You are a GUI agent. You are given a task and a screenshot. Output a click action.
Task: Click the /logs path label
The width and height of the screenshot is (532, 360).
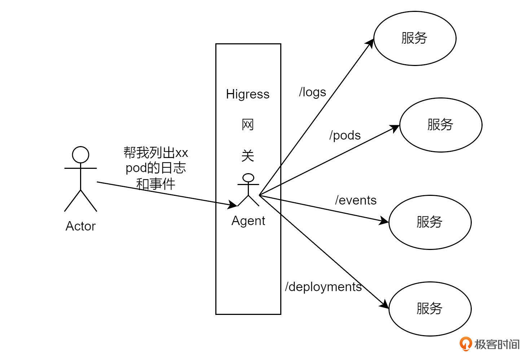(312, 92)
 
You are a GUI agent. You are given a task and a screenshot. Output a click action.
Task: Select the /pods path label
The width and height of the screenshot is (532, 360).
(345, 135)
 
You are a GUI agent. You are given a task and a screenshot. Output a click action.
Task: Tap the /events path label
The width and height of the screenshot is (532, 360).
(356, 200)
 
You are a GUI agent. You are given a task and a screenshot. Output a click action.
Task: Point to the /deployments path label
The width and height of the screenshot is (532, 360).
(323, 287)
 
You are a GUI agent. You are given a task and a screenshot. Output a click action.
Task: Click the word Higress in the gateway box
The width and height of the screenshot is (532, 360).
(248, 94)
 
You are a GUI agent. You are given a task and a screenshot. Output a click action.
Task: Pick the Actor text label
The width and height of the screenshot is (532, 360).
(80, 226)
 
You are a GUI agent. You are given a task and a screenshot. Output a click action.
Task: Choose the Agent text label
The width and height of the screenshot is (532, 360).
(248, 221)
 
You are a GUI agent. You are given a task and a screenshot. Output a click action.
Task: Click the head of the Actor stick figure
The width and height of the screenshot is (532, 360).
(80, 155)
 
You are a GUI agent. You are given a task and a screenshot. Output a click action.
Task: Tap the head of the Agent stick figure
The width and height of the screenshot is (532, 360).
(248, 178)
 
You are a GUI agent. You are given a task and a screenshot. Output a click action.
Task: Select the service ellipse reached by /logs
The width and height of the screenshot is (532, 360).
(415, 38)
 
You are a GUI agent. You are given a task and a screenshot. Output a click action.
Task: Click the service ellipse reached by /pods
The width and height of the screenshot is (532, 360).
(441, 125)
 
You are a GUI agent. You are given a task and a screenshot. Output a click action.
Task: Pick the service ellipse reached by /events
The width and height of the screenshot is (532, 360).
(430, 222)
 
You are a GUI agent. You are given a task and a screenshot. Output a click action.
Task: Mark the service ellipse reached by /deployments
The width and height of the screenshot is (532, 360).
(430, 309)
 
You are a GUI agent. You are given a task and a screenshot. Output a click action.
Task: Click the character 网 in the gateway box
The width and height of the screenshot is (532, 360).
(248, 125)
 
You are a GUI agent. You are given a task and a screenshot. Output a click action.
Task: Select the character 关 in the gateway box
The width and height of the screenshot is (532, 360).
(248, 156)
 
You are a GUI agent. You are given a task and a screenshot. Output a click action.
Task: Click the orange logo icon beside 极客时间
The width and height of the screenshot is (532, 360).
(466, 344)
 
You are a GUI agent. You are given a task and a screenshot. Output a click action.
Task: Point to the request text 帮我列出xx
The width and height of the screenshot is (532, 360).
(156, 153)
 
